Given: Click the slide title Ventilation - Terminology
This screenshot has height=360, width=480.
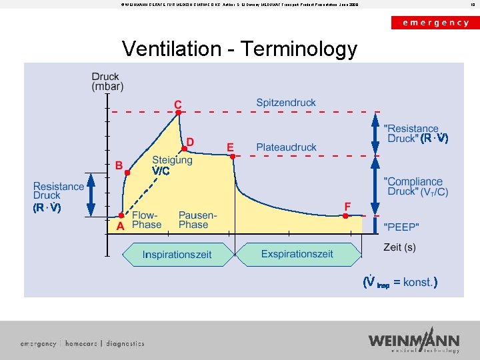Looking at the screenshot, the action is pos(239,49).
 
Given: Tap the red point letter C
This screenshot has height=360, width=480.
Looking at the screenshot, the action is pos(178,104).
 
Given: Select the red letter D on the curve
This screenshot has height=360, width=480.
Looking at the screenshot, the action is pos(190,142).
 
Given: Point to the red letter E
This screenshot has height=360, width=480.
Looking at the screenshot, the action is pos(230,147).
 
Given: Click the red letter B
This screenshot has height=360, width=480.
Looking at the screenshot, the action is pos(119,165).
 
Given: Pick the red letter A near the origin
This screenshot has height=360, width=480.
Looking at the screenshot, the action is pos(121,226).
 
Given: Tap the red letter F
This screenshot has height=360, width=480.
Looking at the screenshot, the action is pos(347,206).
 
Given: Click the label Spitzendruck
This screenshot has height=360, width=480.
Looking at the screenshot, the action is pos(286,103).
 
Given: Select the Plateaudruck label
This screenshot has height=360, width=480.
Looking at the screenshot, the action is pos(286,147).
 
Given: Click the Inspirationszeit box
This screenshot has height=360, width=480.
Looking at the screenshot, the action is pos(177,254).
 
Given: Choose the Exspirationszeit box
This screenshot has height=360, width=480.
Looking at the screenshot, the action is pos(297,254).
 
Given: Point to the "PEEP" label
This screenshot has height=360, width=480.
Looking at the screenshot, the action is pos(401,227).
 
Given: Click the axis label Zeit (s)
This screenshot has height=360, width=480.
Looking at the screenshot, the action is pos(399,247).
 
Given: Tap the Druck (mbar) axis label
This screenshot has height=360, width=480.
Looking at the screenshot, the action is pos(107,81).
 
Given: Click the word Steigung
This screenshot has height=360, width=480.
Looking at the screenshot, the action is pos(172,160).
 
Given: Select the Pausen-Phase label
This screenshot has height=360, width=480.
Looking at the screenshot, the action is pos(197,220).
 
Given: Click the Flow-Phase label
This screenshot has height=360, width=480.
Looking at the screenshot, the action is pos(147,220).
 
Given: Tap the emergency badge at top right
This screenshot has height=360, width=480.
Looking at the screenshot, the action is pos(435,22).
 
